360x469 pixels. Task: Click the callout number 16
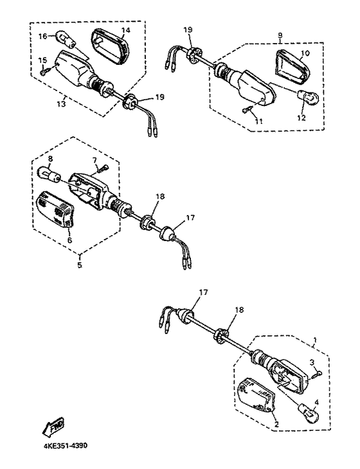click(43, 36)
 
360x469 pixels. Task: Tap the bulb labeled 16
click(65, 40)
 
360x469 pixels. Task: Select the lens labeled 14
click(109, 46)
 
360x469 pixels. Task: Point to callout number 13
click(61, 104)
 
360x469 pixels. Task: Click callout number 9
click(280, 35)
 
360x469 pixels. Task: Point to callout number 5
click(80, 265)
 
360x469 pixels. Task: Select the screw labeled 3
click(317, 373)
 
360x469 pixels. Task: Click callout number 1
click(314, 340)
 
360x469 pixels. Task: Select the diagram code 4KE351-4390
click(64, 446)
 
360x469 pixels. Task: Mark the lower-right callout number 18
click(239, 310)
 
